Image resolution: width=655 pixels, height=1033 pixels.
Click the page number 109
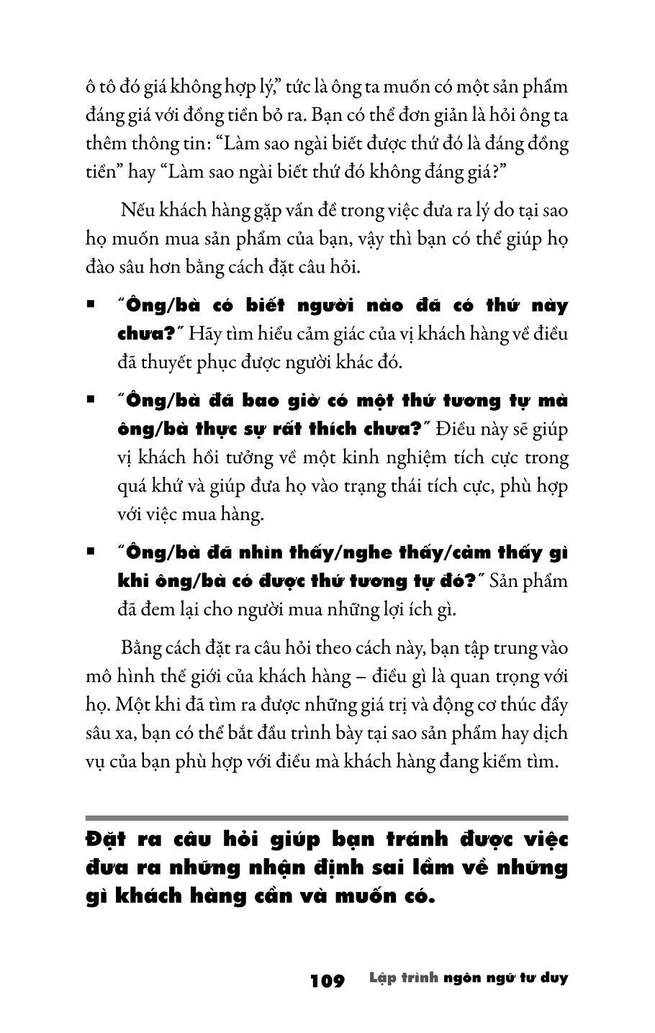point(327,980)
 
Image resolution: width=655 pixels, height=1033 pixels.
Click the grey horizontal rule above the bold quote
point(327,818)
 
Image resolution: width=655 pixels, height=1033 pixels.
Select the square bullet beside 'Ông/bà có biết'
point(91,305)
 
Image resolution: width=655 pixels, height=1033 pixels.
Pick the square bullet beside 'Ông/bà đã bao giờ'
point(91,400)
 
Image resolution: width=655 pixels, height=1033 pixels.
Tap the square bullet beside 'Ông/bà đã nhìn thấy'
point(91,552)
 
